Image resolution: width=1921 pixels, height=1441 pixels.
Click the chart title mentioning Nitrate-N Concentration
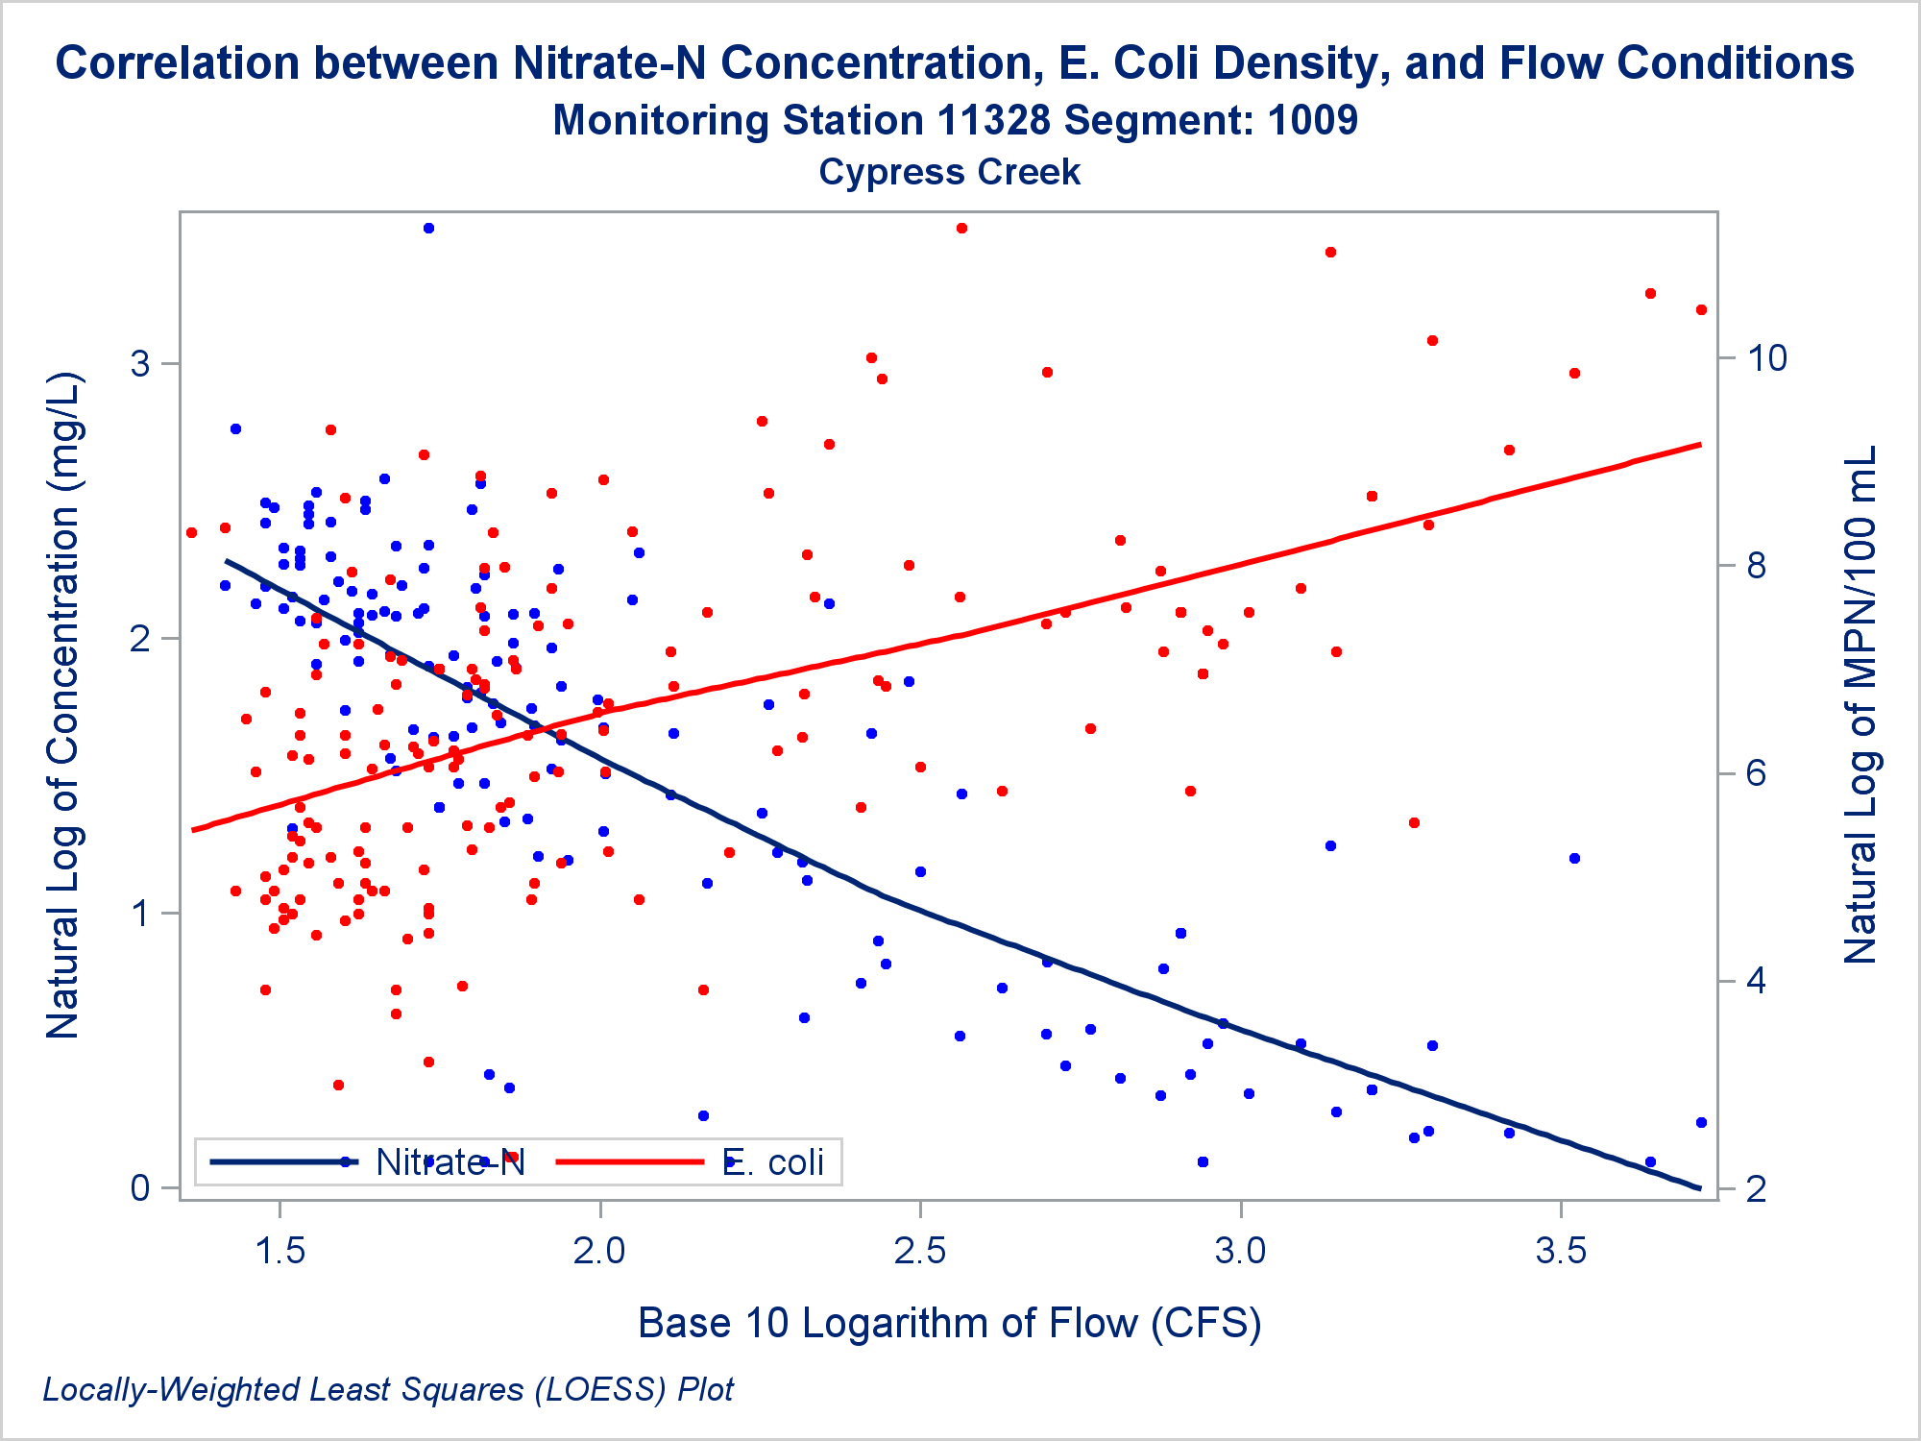pos(954,63)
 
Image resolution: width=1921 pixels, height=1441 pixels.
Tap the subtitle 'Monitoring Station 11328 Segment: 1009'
pos(954,121)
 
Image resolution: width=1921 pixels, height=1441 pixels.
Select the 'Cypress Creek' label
pos(949,173)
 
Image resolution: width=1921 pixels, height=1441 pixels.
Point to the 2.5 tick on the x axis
pos(920,1250)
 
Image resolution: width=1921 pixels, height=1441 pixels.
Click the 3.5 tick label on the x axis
pos(1561,1250)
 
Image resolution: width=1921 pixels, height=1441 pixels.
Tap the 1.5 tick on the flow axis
pos(280,1250)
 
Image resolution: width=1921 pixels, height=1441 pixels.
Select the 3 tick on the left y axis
pos(141,364)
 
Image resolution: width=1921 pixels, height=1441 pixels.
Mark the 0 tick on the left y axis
pos(141,1188)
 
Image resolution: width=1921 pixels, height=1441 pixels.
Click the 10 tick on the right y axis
pos(1766,358)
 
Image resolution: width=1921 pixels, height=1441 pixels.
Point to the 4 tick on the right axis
pos(1757,981)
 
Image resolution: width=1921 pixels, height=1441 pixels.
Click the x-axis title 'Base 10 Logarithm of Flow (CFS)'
pos(949,1323)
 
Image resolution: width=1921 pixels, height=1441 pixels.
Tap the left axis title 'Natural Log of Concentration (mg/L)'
pos(63,706)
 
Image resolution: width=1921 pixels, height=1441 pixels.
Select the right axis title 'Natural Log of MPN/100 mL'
pos(1860,706)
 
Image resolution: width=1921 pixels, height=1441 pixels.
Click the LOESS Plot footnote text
pos(388,1389)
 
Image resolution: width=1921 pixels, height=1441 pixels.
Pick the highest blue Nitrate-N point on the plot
pos(428,229)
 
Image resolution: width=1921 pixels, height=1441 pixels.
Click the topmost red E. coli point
pos(961,229)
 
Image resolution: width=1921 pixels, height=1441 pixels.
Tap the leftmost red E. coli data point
pos(191,532)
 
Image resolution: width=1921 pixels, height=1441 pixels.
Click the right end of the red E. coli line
pos(1700,445)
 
